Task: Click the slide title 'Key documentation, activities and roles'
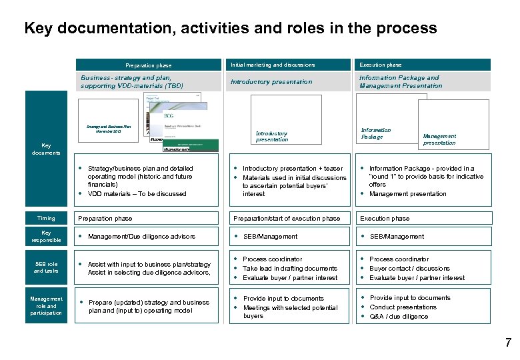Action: pos(230,28)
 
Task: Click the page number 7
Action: pos(508,343)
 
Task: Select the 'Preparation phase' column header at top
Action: pos(149,65)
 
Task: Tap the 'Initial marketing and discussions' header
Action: pos(273,65)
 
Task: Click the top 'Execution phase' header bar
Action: pos(381,65)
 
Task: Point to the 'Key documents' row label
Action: pos(46,149)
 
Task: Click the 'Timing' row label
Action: pos(46,218)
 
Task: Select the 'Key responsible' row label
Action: pos(46,236)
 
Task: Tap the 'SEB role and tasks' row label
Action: pos(46,267)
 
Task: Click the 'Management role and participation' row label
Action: pos(46,306)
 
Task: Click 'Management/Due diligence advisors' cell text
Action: pos(141,237)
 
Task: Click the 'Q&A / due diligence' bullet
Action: pos(399,317)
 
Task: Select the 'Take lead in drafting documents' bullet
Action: pos(289,268)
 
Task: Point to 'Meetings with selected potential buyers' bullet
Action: pos(290,311)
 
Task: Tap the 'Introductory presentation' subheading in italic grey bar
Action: pos(271,82)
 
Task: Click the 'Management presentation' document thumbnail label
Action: pos(439,139)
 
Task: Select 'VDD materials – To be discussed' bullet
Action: pos(137,194)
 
